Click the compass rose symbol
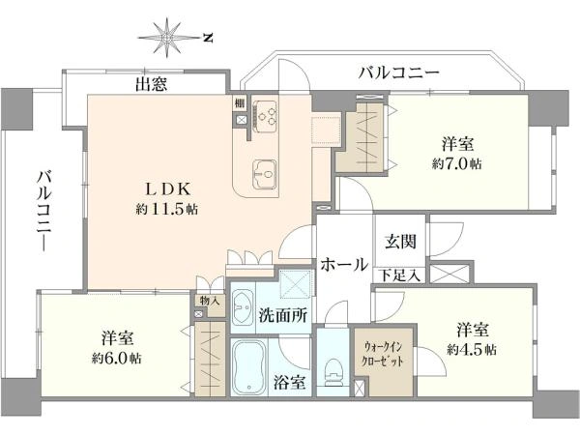(x=167, y=38)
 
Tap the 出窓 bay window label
(x=152, y=84)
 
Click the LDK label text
(x=167, y=189)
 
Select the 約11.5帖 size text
(x=167, y=210)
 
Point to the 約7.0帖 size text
(x=457, y=163)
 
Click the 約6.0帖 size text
(x=116, y=358)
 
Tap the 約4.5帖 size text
(x=472, y=349)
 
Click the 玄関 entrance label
(x=400, y=242)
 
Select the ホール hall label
(x=344, y=265)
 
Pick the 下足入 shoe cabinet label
(x=400, y=275)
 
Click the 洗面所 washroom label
(x=282, y=315)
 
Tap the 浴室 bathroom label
(x=290, y=382)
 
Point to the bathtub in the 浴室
(x=248, y=365)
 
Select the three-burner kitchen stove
(x=265, y=113)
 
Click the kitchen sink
(x=265, y=173)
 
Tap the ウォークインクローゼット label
(x=383, y=354)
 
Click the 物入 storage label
(x=210, y=301)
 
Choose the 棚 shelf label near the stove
(x=240, y=104)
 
